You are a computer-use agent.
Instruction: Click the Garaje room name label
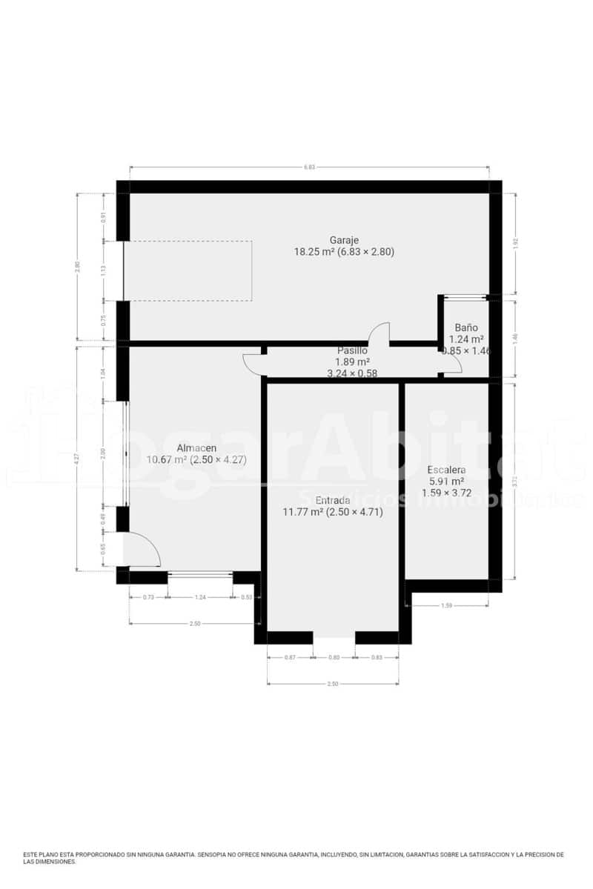click(x=344, y=240)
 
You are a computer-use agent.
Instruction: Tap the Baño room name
click(x=466, y=327)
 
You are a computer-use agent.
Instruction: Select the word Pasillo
click(x=352, y=350)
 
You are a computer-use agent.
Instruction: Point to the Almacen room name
click(x=196, y=448)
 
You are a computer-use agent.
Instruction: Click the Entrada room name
click(x=332, y=500)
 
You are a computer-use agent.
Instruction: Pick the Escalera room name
click(x=446, y=470)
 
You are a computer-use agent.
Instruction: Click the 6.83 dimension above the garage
click(x=309, y=167)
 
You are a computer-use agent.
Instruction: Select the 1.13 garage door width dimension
click(x=104, y=270)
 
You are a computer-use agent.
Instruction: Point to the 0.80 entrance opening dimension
click(x=334, y=657)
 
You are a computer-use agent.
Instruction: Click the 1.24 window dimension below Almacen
click(x=199, y=596)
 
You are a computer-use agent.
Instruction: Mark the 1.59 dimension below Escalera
click(x=446, y=606)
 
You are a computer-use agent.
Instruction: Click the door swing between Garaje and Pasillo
click(x=380, y=333)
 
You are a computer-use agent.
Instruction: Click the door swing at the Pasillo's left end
click(x=252, y=363)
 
